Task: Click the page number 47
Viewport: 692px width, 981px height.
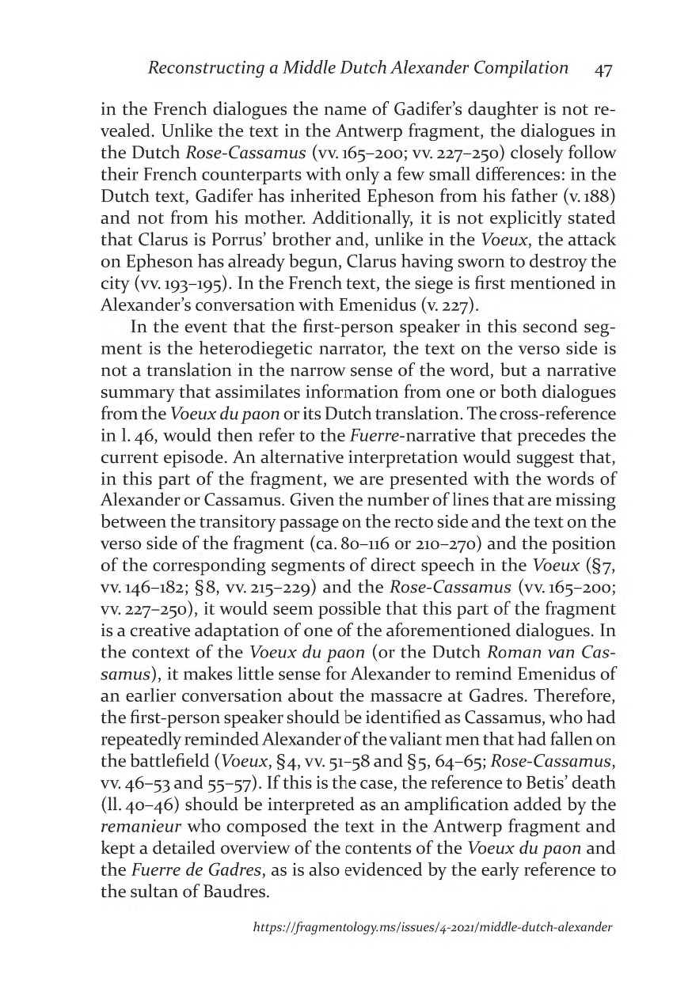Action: (603, 69)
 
